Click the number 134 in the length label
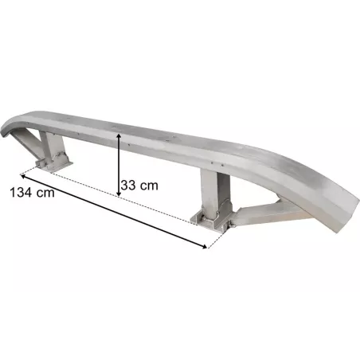(x=21, y=192)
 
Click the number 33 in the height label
(x=128, y=185)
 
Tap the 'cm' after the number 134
(x=45, y=193)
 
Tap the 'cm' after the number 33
(x=149, y=186)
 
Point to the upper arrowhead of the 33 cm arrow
(x=119, y=136)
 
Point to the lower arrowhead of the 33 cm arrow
(x=119, y=194)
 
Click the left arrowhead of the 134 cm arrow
(x=23, y=175)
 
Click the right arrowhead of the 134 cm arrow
(x=204, y=246)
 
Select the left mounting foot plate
(x=54, y=165)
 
